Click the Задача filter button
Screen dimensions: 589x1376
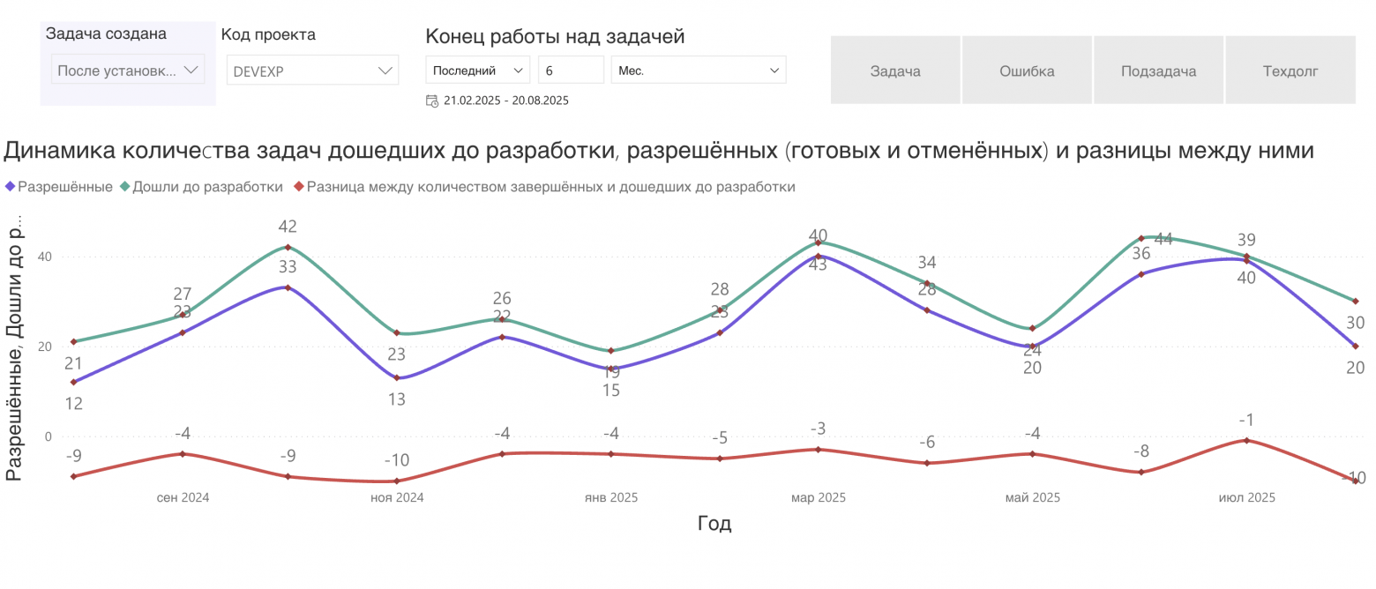click(x=895, y=71)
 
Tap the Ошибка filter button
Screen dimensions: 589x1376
click(x=1027, y=71)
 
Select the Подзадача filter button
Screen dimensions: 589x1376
click(x=1158, y=71)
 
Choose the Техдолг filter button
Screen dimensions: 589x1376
click(x=1290, y=71)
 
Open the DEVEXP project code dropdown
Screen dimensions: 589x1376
click(x=312, y=71)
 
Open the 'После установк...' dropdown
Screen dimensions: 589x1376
click(x=128, y=70)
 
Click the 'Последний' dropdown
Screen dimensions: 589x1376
click(x=477, y=70)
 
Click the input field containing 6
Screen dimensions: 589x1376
click(x=570, y=70)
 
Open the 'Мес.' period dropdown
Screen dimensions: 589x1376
click(x=698, y=70)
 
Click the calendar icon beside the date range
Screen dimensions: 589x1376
click(x=432, y=101)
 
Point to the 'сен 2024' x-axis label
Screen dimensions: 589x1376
click(x=183, y=497)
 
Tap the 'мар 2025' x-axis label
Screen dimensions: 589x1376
click(x=819, y=497)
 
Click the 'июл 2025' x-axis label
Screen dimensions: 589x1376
click(x=1246, y=497)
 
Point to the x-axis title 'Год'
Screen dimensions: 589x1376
click(x=714, y=524)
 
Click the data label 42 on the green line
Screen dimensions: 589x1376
click(x=288, y=227)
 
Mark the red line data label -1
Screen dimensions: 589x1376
click(x=1245, y=420)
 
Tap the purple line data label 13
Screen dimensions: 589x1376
click(x=396, y=399)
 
